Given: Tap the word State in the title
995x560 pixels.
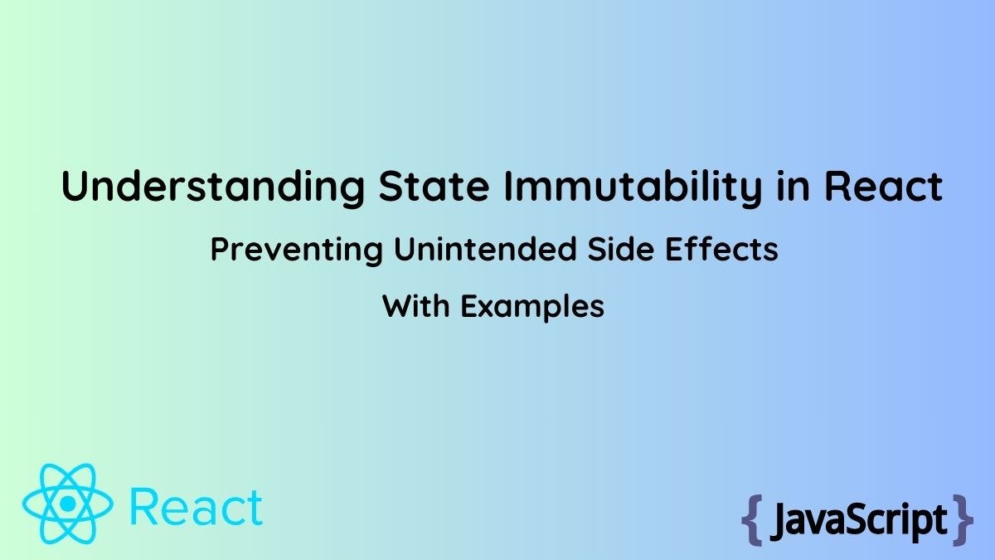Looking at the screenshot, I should click(428, 186).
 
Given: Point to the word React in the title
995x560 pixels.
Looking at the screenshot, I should click(883, 186).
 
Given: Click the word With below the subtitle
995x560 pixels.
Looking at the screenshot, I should click(416, 307).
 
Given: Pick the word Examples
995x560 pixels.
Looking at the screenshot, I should click(532, 308).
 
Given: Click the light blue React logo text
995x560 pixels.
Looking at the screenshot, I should click(197, 507).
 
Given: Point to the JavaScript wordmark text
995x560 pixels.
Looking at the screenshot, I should click(857, 520).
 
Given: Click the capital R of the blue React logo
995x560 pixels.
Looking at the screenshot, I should click(145, 507).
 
